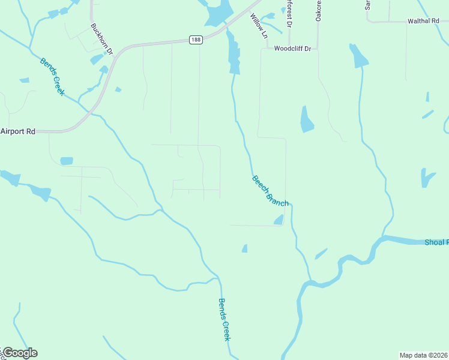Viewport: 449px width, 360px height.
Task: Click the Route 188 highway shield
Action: pyautogui.click(x=196, y=40)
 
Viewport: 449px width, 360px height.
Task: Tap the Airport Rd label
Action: pyautogui.click(x=18, y=131)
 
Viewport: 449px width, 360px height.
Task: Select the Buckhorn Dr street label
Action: pyautogui.click(x=102, y=38)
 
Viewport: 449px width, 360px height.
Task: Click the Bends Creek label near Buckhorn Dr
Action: pyautogui.click(x=52, y=77)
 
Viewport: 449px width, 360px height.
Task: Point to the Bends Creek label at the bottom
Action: pyautogui.click(x=224, y=320)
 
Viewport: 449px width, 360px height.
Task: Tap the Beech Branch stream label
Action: pyautogui.click(x=270, y=191)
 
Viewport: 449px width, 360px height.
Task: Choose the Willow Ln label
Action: pyautogui.click(x=259, y=27)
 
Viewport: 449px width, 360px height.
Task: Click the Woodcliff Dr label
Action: pyautogui.click(x=293, y=49)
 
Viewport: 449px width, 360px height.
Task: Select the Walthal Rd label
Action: pyautogui.click(x=423, y=21)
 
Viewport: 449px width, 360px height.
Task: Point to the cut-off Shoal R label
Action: pyautogui.click(x=436, y=242)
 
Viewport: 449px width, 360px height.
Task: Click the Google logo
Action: pyautogui.click(x=19, y=353)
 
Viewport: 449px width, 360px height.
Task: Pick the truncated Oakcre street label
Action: pyautogui.click(x=319, y=11)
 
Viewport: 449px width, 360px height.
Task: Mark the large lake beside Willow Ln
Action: pyautogui.click(x=219, y=13)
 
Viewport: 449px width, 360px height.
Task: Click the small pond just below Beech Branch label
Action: pyautogui.click(x=279, y=220)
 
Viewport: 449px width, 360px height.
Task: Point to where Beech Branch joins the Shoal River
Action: pyautogui.click(x=310, y=280)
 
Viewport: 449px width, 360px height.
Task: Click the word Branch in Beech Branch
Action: pyautogui.click(x=277, y=197)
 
